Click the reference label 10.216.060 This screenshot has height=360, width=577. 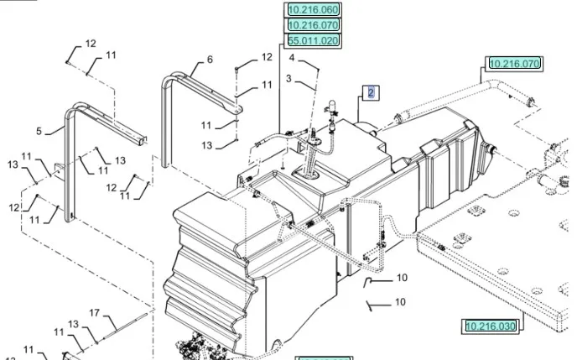coord(313,10)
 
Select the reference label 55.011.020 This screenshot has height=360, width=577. coord(313,40)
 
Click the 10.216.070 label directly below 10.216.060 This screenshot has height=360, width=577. coord(313,25)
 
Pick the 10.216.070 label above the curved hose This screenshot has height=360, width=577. coord(515,63)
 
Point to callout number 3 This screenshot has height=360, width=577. coord(288,78)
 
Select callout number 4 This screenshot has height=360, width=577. coord(292,58)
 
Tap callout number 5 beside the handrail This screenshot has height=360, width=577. coord(39,130)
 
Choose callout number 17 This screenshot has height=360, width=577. coord(95,313)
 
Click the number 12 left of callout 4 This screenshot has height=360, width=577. coord(267,57)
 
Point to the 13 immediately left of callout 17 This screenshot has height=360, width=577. coord(73,323)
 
